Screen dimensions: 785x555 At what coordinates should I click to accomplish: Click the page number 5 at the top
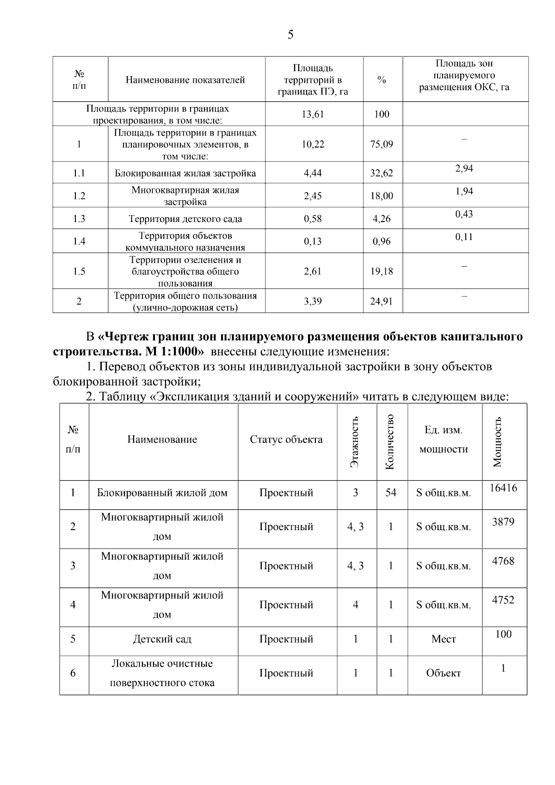click(290, 35)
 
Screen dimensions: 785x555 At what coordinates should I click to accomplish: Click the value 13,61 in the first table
click(313, 114)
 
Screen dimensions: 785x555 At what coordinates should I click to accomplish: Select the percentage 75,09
click(382, 144)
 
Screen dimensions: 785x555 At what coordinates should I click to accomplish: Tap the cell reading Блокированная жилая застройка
click(185, 173)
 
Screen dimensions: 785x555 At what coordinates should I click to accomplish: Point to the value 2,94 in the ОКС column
click(464, 168)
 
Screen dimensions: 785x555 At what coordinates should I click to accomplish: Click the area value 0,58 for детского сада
click(313, 219)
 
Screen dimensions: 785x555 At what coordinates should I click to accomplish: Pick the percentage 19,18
click(382, 272)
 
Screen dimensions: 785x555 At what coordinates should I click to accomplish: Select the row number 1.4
click(79, 241)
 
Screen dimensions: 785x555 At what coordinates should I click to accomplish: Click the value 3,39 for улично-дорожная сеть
click(313, 302)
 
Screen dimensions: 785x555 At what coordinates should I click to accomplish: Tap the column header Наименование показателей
click(185, 80)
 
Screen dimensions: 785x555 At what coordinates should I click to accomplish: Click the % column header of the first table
click(382, 80)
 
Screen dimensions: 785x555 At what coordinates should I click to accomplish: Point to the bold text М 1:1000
click(174, 351)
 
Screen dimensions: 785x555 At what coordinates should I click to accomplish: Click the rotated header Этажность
click(355, 441)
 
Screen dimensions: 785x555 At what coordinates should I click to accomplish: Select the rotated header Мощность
click(498, 441)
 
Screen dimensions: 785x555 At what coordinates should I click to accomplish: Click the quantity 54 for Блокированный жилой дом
click(391, 493)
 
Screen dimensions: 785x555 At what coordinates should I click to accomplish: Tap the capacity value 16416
click(503, 488)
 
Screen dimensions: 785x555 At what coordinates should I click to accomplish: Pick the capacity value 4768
click(503, 561)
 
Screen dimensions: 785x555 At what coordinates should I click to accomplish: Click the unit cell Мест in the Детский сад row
click(444, 639)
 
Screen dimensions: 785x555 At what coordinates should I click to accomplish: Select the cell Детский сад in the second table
click(162, 639)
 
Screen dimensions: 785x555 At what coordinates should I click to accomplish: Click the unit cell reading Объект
click(444, 674)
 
